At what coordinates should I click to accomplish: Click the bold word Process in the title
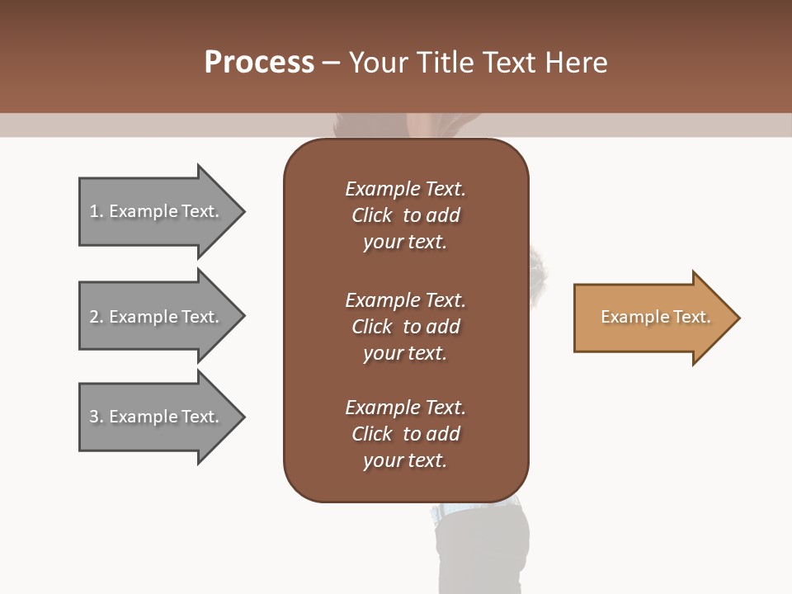tap(259, 62)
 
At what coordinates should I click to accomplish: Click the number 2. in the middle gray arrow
tap(97, 317)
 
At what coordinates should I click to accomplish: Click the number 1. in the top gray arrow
tap(97, 211)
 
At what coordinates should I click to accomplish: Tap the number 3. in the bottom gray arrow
tap(97, 417)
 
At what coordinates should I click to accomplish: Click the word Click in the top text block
tap(371, 215)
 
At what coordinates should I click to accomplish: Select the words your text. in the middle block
tap(405, 353)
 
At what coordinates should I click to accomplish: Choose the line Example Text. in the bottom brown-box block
tap(405, 408)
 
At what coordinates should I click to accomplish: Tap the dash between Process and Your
tap(331, 63)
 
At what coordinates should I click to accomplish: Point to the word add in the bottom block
tap(443, 434)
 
